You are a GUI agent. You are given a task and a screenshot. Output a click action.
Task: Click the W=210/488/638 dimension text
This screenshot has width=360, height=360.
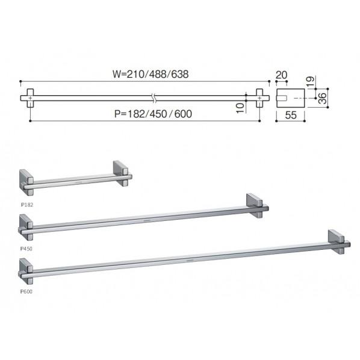pyautogui.click(x=151, y=74)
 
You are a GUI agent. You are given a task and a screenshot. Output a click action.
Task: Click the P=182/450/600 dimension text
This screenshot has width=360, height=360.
pyautogui.click(x=153, y=114)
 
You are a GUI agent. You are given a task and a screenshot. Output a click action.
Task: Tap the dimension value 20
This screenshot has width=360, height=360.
pyautogui.click(x=281, y=75)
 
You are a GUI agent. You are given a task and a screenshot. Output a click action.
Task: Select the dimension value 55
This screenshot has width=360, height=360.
pyautogui.click(x=291, y=115)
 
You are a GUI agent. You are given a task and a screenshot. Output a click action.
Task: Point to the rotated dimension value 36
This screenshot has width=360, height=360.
pyautogui.click(x=322, y=98)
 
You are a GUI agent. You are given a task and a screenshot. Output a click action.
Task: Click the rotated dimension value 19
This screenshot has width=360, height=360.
pyautogui.click(x=310, y=81)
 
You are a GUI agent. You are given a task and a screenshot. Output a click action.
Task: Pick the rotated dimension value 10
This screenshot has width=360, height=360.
pyautogui.click(x=240, y=108)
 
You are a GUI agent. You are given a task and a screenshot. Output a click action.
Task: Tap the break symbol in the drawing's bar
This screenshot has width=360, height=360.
pyautogui.click(x=154, y=98)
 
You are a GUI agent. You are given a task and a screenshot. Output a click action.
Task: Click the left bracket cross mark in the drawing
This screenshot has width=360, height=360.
pyautogui.click(x=30, y=98)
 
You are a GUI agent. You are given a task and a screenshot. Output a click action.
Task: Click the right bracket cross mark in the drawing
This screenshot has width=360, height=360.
pyautogui.click(x=259, y=98)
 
